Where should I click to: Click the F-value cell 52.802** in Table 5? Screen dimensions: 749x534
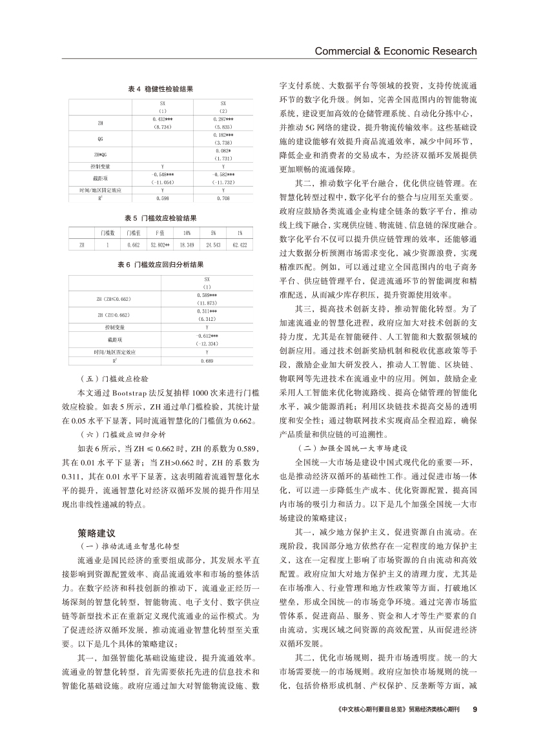coord(159,245)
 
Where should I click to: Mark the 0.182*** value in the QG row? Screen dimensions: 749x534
coord(223,134)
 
